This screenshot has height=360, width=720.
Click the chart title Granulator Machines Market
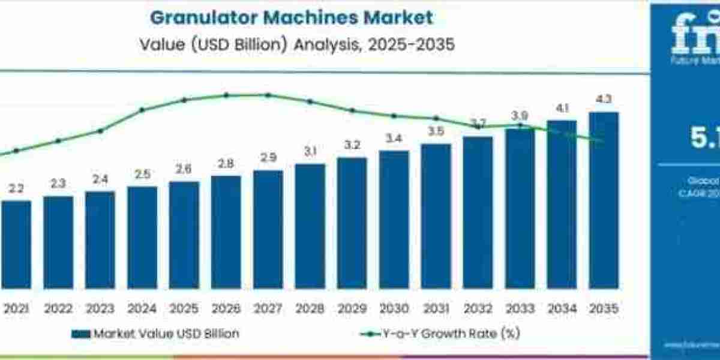tap(291, 17)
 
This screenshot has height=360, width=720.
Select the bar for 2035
tap(603, 204)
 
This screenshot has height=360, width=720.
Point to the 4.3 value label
tap(603, 100)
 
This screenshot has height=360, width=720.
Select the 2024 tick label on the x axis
tap(142, 309)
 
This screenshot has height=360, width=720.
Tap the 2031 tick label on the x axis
tap(436, 309)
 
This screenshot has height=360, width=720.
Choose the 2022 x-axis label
tap(58, 309)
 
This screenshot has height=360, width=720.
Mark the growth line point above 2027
tap(268, 95)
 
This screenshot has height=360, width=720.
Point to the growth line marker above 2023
tap(100, 130)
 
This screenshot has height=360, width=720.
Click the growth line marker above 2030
tap(394, 116)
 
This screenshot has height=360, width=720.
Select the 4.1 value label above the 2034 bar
tap(561, 109)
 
